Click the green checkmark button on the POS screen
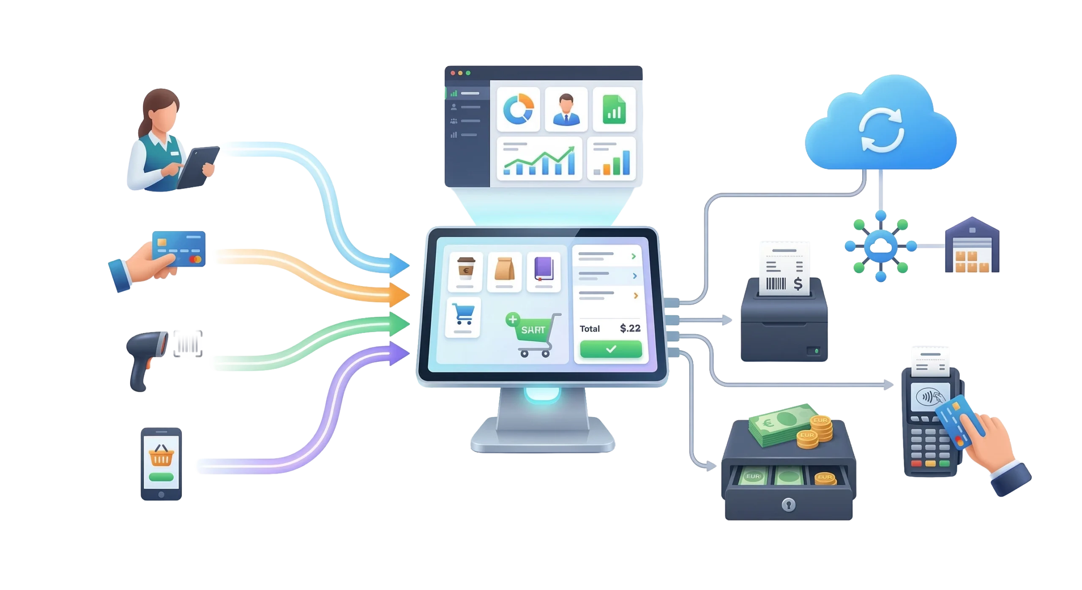[x=611, y=349]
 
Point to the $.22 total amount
[x=630, y=328]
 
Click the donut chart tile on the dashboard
[x=518, y=109]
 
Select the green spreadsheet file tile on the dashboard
[x=614, y=109]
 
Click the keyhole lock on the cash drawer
[x=788, y=504]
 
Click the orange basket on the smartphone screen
[x=161, y=456]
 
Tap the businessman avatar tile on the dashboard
[x=566, y=109]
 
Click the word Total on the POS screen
[x=590, y=329]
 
